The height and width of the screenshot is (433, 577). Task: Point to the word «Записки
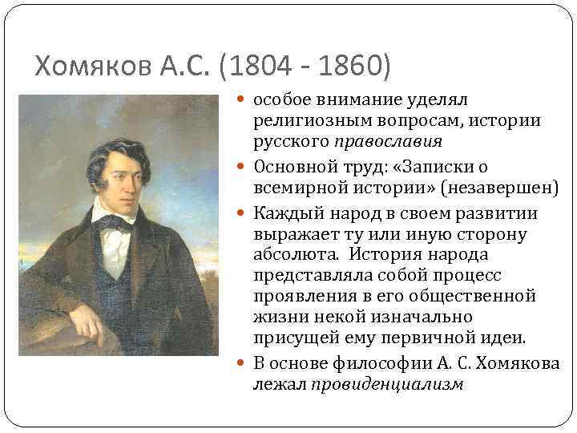coord(451,167)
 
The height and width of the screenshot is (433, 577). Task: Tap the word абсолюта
coord(288,255)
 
